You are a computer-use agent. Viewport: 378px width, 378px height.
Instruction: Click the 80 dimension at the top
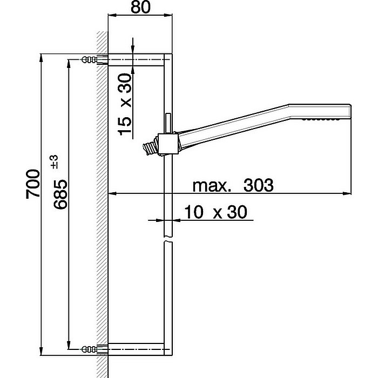coord(140,9)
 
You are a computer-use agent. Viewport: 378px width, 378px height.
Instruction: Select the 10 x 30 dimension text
coord(215,212)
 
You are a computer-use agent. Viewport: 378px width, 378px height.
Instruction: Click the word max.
coord(212,186)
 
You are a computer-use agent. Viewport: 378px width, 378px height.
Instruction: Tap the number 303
coord(258,186)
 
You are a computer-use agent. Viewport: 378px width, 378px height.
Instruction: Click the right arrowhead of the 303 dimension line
coord(348,193)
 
